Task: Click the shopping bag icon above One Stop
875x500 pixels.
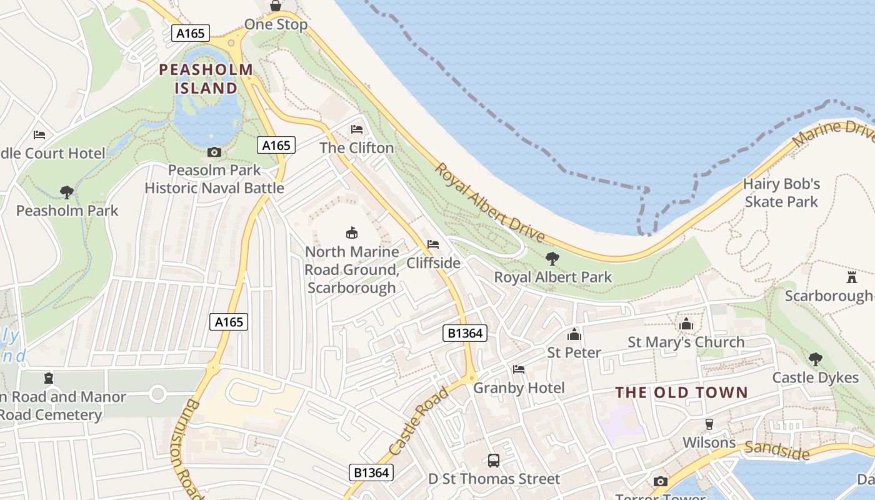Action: (276, 6)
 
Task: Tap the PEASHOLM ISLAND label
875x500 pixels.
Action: (206, 79)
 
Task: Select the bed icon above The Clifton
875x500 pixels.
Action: (357, 129)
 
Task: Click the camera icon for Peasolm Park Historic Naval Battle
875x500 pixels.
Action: (214, 152)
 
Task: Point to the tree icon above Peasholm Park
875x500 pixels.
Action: (66, 192)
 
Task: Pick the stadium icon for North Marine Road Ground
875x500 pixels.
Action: (352, 233)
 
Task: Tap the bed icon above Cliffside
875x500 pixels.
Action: (433, 244)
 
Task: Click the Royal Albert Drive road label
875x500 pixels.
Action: (490, 203)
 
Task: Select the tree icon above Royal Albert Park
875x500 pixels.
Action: (552, 258)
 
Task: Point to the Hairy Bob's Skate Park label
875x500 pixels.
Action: (781, 192)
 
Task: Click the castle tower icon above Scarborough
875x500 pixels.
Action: (851, 277)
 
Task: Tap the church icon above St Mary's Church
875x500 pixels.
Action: (686, 324)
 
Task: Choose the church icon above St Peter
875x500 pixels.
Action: (574, 334)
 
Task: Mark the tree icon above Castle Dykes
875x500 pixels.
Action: (815, 359)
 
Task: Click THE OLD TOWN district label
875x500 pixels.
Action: (682, 392)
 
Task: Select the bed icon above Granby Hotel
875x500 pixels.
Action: (518, 369)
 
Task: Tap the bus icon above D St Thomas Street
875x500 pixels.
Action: (494, 461)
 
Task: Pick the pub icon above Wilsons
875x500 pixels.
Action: (709, 424)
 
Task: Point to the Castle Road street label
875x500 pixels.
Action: (418, 421)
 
